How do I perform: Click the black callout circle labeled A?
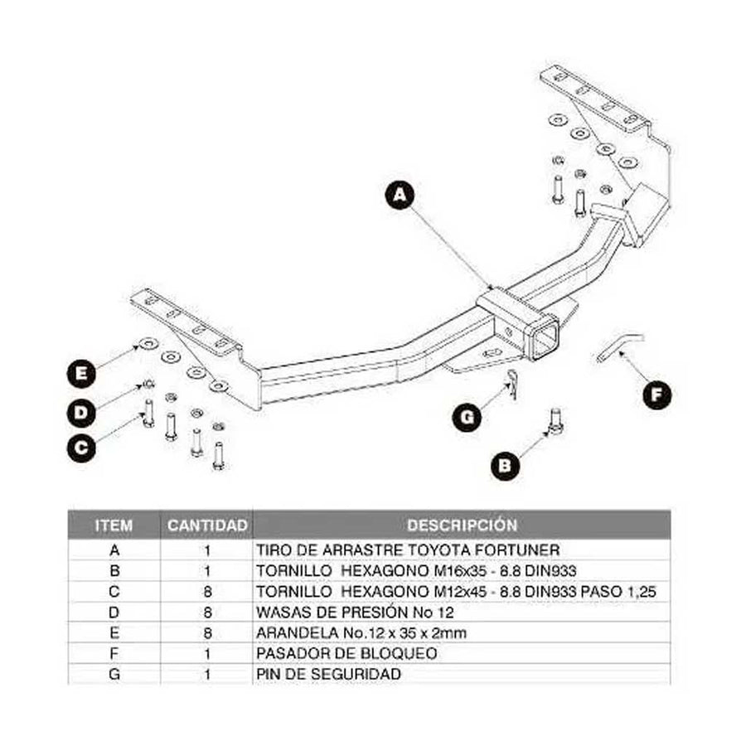coord(400,196)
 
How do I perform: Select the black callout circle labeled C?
coord(81,447)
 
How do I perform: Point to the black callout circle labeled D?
coord(81,410)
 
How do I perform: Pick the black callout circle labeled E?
coord(81,374)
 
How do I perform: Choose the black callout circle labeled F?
coord(657,395)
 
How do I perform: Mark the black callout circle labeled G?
coord(467,417)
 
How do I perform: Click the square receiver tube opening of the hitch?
coord(545,338)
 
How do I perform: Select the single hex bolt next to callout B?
coord(555,423)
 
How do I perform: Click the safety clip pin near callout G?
coord(513,383)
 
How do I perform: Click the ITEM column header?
coord(114,526)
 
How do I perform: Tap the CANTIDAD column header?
coord(207,526)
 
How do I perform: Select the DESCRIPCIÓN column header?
coord(462,526)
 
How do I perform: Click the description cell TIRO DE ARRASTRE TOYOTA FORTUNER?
coord(408,550)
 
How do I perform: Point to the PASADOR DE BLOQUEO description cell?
coord(346,653)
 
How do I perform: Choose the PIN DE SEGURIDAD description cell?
coord(329,674)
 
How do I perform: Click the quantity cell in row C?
coord(207,591)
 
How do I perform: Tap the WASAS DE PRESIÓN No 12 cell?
coord(354,612)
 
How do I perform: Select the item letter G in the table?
coord(114,674)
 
